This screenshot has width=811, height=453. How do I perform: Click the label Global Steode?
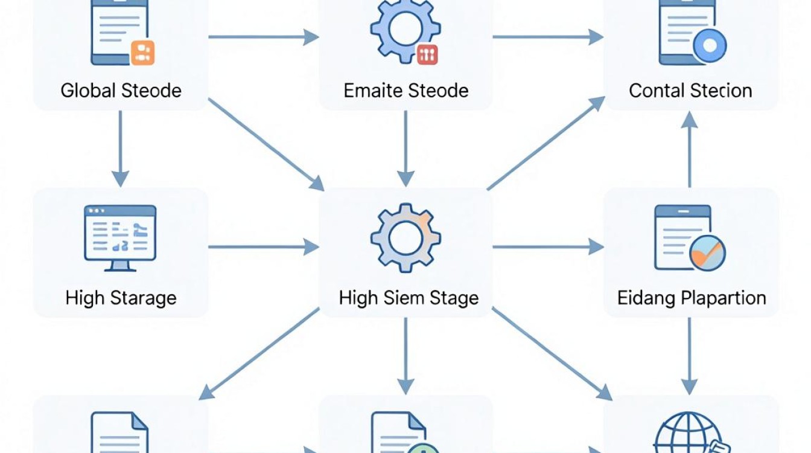(x=121, y=91)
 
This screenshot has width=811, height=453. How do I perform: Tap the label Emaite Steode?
(x=406, y=91)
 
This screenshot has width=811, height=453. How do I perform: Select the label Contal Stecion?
(x=690, y=91)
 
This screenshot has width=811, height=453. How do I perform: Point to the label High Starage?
(x=121, y=298)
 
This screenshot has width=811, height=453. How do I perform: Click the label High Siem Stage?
(x=409, y=298)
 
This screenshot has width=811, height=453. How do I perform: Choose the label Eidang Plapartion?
(x=692, y=298)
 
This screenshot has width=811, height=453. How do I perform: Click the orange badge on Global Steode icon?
(x=142, y=53)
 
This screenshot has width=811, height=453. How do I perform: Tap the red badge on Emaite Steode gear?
(x=428, y=55)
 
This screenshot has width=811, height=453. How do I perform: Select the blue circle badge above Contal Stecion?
(x=710, y=46)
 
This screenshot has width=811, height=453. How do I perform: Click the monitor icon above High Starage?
(x=120, y=238)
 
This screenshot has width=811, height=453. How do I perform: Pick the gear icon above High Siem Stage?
(x=405, y=238)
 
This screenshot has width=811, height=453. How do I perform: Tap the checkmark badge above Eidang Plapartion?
(x=707, y=253)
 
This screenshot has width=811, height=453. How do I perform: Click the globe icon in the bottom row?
(x=689, y=433)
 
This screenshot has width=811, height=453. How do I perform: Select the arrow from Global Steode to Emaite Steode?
(x=263, y=37)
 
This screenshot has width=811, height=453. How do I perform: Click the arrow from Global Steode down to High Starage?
(x=120, y=149)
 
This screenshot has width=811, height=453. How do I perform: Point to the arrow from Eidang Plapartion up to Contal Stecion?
(x=689, y=149)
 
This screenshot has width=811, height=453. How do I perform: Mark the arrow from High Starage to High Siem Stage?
(x=263, y=247)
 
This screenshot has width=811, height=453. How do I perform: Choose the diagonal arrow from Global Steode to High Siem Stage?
(x=266, y=144)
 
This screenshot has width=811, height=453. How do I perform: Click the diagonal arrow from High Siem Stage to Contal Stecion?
(x=546, y=143)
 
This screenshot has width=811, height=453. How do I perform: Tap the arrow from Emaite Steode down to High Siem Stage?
(x=405, y=149)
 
